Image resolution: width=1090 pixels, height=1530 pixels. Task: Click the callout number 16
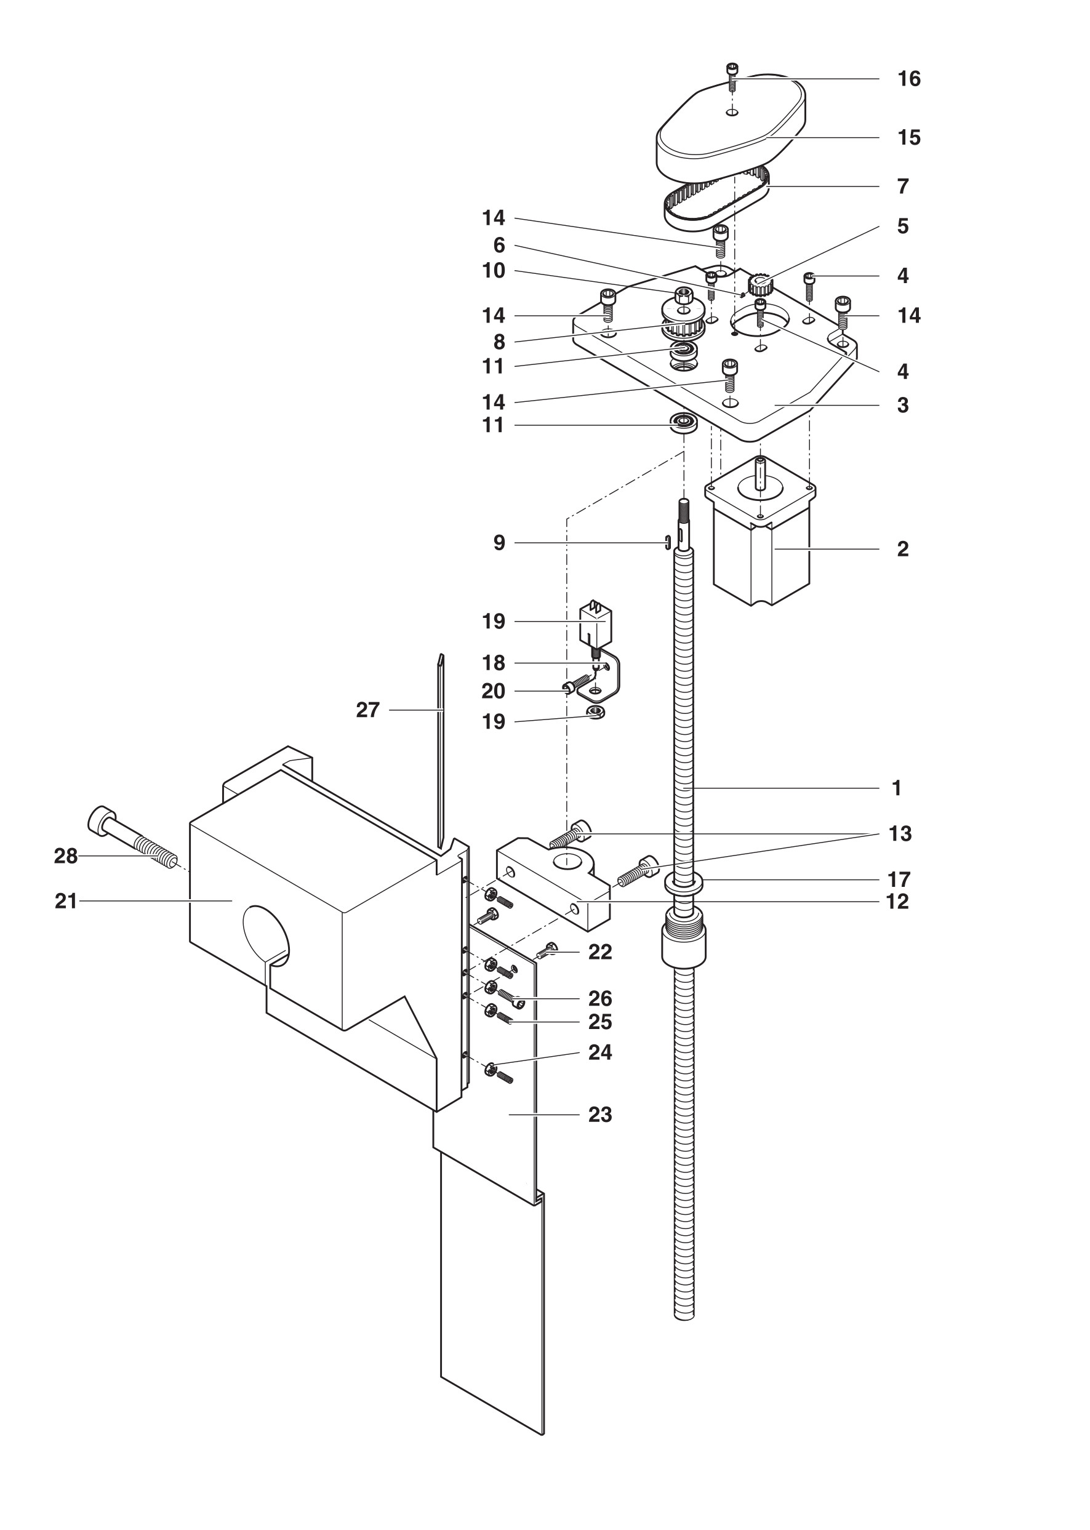pos(909,79)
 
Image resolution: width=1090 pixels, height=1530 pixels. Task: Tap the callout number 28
pos(66,856)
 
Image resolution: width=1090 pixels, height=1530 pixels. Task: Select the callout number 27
pos(368,710)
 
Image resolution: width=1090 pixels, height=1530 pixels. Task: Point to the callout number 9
pos(499,543)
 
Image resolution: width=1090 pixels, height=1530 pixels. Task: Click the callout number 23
pos(600,1115)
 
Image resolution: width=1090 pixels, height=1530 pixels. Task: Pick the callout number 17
pos(899,879)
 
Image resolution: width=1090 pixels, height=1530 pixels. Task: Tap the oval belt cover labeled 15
pos(730,127)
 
